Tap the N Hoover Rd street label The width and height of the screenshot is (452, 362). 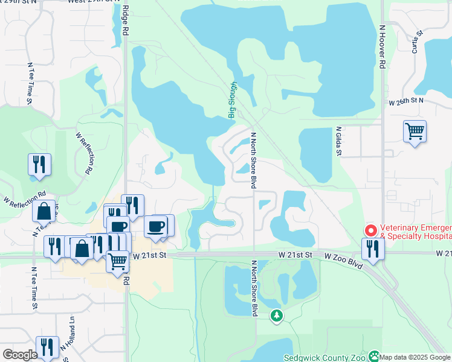point(383,48)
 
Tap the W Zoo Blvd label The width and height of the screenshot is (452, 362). point(344,257)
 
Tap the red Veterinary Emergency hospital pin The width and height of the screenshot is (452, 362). point(370,230)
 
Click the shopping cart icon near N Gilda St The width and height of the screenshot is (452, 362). point(415,131)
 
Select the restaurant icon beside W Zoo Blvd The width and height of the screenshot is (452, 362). point(372,249)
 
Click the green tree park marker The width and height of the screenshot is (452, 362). point(277,315)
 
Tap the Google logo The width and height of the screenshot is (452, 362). point(20,355)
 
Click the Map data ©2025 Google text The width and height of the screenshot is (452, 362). point(415,357)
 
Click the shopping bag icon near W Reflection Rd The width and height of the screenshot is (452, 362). point(44,211)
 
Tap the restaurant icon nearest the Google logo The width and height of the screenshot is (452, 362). point(47,347)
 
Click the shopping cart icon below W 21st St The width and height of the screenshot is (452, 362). point(117,261)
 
